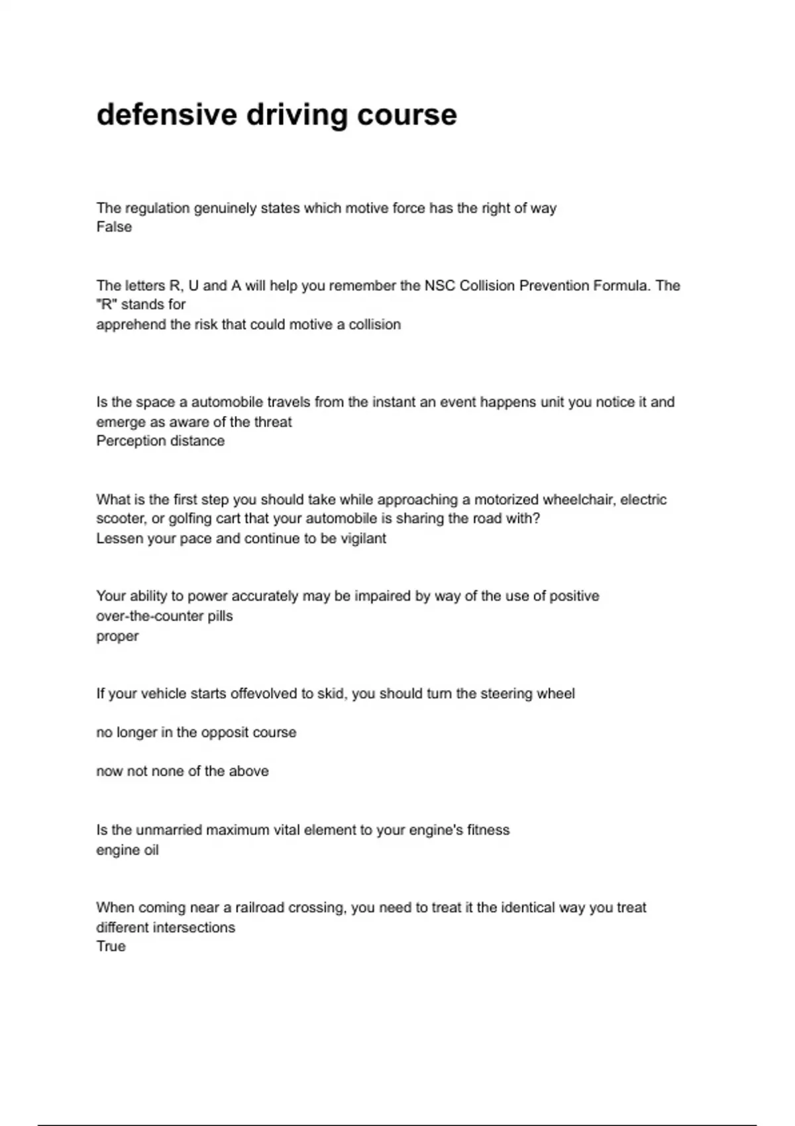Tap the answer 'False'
[x=114, y=227]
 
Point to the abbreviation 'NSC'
[x=439, y=285]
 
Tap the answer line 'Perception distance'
[x=160, y=440]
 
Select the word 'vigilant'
[x=363, y=538]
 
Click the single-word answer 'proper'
[x=117, y=636]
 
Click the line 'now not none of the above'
[x=182, y=771]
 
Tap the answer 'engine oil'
[x=127, y=850]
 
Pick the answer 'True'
[x=111, y=946]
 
